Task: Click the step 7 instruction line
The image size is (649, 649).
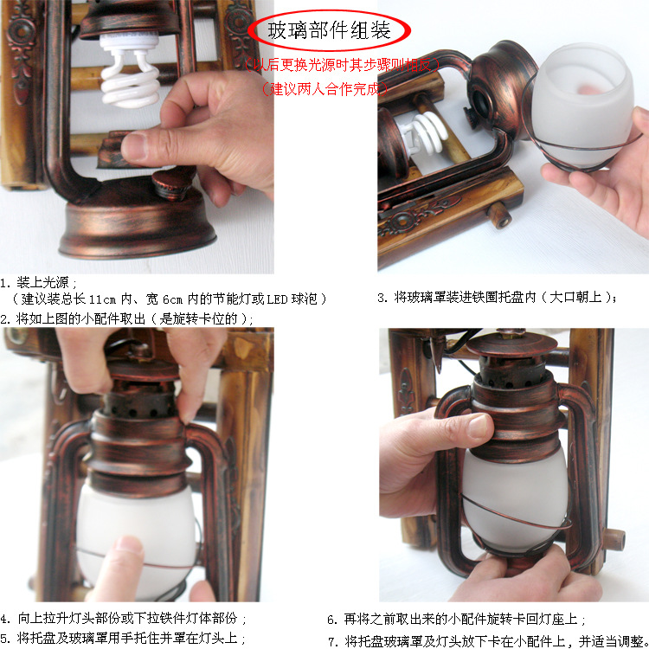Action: coord(485,640)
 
